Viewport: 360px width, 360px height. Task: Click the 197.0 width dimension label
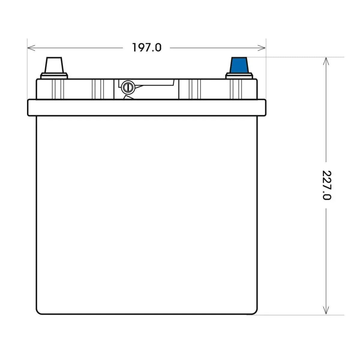tap(147, 47)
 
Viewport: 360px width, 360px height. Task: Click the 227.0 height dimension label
tap(326, 185)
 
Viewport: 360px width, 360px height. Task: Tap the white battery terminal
tap(54, 65)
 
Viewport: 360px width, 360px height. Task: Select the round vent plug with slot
tap(127, 87)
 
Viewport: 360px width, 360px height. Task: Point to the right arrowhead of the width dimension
tap(261, 48)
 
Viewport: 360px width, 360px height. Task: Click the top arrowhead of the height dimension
tap(326, 61)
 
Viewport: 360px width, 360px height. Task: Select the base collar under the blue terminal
tap(239, 76)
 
